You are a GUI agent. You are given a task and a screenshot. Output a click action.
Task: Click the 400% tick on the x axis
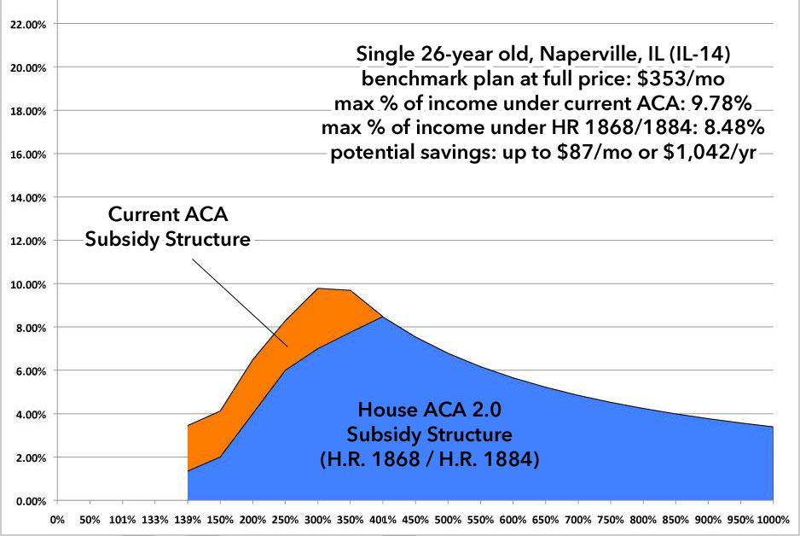click(x=383, y=518)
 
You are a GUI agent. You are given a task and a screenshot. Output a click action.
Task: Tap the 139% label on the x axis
click(x=188, y=518)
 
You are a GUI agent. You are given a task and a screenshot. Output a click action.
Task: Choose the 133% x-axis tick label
click(x=155, y=518)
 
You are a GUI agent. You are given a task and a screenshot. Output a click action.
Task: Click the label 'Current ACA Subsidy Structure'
click(x=167, y=228)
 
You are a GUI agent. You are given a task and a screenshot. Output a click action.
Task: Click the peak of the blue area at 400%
click(x=383, y=318)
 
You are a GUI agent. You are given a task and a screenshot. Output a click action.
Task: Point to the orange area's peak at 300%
click(x=318, y=288)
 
